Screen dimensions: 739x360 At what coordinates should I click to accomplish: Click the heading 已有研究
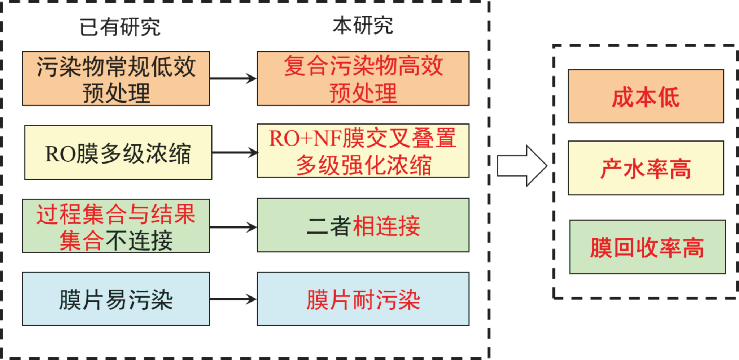pyautogui.click(x=120, y=27)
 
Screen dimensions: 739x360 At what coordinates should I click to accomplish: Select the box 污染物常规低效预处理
pyautogui.click(x=116, y=78)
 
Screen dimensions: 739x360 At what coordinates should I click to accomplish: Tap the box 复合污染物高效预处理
pyautogui.click(x=363, y=78)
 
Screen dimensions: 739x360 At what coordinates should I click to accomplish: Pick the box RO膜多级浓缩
pyautogui.click(x=118, y=152)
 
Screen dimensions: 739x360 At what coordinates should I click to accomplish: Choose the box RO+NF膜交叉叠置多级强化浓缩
pyautogui.click(x=363, y=151)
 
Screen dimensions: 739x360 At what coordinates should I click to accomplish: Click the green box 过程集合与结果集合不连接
pyautogui.click(x=116, y=226)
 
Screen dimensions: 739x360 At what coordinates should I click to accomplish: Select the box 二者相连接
pyautogui.click(x=363, y=225)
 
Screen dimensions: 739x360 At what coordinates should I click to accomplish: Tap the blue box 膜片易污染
pyautogui.click(x=116, y=299)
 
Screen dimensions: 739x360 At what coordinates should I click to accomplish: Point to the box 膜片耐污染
pyautogui.click(x=363, y=299)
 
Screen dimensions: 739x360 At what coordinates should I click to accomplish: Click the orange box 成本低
pyautogui.click(x=646, y=96)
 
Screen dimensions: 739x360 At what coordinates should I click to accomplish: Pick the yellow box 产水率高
pyautogui.click(x=646, y=168)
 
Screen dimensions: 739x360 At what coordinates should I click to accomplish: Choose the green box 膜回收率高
pyautogui.click(x=647, y=247)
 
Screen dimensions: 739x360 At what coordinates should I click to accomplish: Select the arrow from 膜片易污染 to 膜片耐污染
pyautogui.click(x=233, y=299)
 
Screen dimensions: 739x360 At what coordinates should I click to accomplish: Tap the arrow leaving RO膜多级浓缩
pyautogui.click(x=235, y=152)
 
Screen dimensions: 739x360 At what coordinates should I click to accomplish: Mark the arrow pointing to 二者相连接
pyautogui.click(x=233, y=227)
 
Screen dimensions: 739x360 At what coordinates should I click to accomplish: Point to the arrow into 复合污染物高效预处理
pyautogui.click(x=233, y=78)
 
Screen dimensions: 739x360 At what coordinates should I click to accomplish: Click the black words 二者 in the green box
pyautogui.click(x=329, y=226)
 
